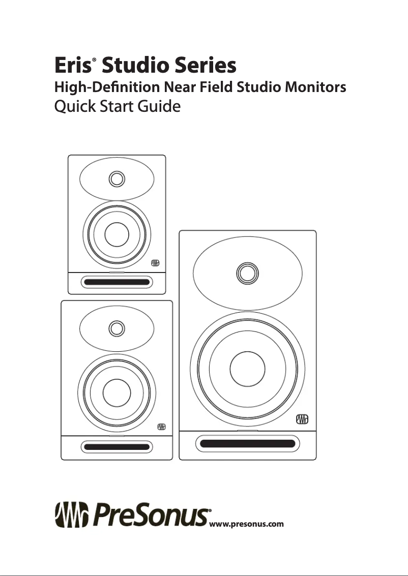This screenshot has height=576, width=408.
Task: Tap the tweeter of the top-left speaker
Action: (x=116, y=179)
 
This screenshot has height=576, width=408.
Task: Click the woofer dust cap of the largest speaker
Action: (x=247, y=368)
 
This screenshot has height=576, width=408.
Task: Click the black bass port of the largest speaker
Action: (x=248, y=443)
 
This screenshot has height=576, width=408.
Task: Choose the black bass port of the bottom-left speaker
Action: (x=116, y=447)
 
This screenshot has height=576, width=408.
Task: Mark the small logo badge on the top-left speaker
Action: (x=155, y=263)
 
